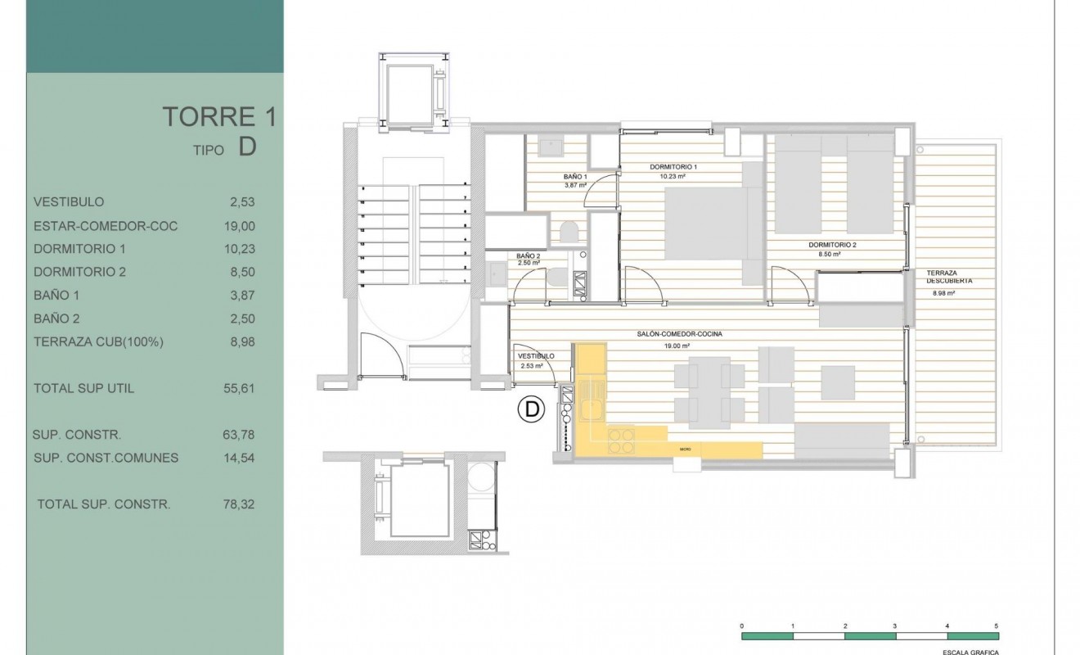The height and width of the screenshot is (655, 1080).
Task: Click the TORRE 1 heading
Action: click(218, 117)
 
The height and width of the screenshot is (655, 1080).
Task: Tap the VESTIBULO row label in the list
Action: click(69, 201)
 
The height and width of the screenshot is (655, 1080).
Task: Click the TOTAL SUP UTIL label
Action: click(83, 388)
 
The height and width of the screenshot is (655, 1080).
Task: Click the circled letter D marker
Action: click(532, 409)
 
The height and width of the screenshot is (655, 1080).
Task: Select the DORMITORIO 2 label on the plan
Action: click(832, 245)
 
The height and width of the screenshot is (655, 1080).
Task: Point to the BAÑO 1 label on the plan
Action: click(576, 177)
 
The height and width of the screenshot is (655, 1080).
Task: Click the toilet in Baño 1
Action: click(570, 232)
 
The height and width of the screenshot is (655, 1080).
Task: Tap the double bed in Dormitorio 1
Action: click(705, 223)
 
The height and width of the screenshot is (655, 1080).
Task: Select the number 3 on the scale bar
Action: click(895, 625)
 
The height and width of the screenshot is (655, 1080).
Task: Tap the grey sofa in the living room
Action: click(841, 440)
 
